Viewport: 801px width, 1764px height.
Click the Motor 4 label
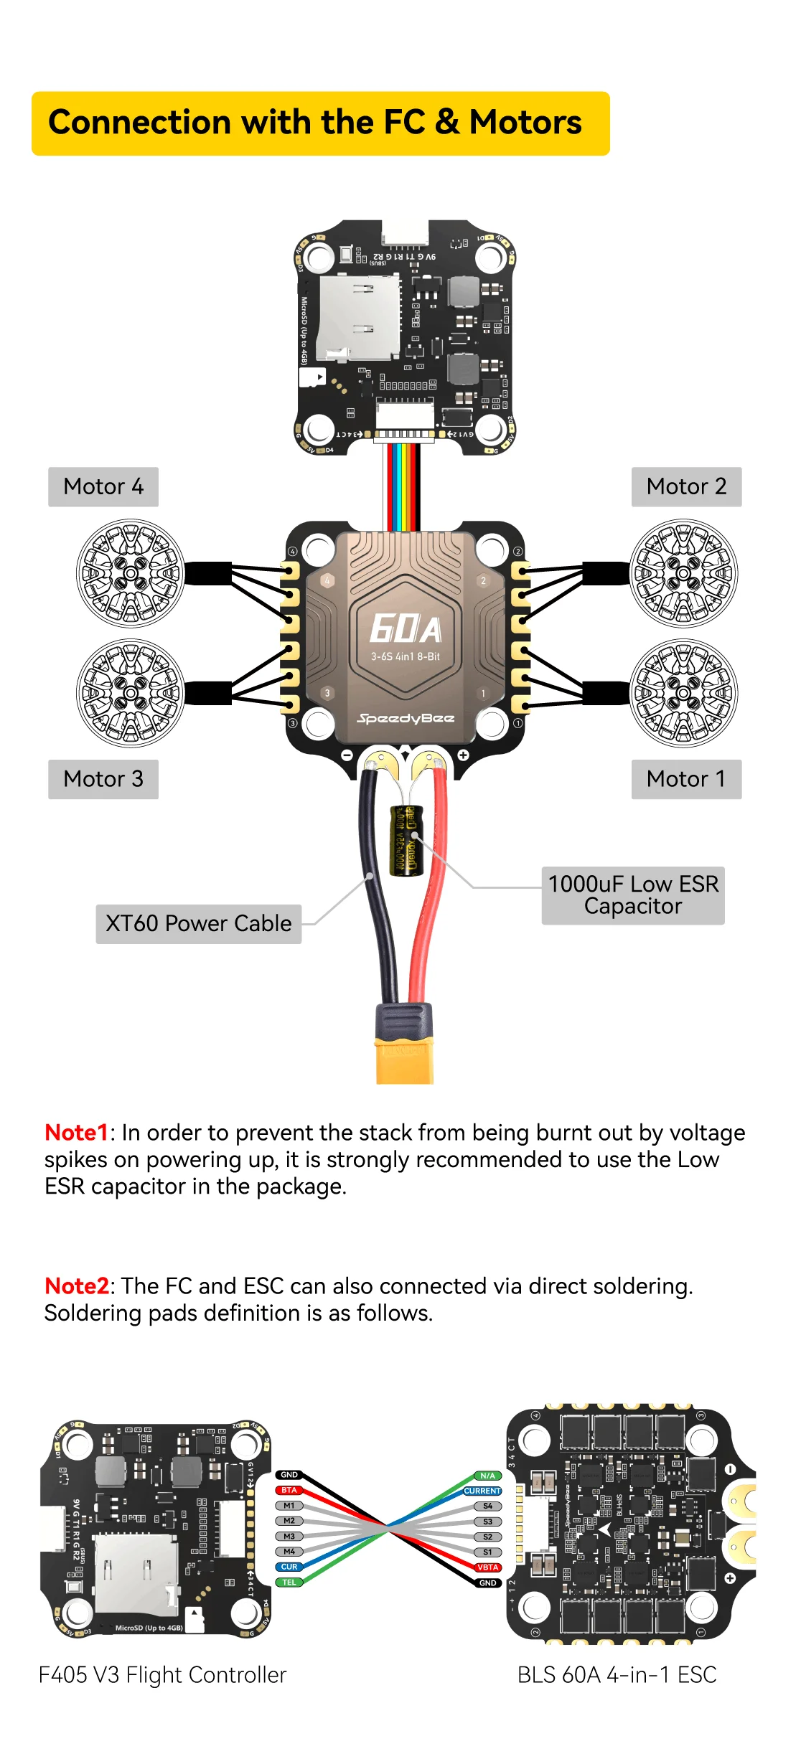(x=103, y=487)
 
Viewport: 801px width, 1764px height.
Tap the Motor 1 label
(x=686, y=779)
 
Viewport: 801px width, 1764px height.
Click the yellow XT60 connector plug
(x=405, y=1058)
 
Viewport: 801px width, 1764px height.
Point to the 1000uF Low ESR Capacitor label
(x=633, y=895)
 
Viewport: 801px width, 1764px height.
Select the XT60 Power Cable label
(x=199, y=923)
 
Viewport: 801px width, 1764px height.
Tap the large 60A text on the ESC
(x=406, y=629)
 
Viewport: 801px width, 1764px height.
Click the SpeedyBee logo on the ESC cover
(x=406, y=718)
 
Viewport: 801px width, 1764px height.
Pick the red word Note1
(x=76, y=1133)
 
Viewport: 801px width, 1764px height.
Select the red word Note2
(x=76, y=1286)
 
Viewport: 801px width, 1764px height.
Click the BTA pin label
(x=289, y=1491)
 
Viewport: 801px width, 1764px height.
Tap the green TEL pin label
(x=289, y=1583)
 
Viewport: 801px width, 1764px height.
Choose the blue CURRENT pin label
(x=482, y=1491)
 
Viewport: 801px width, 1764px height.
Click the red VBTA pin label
(x=488, y=1567)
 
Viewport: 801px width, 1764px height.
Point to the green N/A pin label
(x=488, y=1476)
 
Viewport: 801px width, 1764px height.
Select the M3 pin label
(x=289, y=1537)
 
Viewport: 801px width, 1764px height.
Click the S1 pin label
(x=488, y=1552)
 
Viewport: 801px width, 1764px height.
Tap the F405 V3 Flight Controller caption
(x=162, y=1675)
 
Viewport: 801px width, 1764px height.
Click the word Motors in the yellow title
(x=525, y=123)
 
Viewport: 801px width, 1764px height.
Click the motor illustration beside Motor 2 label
(x=683, y=573)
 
